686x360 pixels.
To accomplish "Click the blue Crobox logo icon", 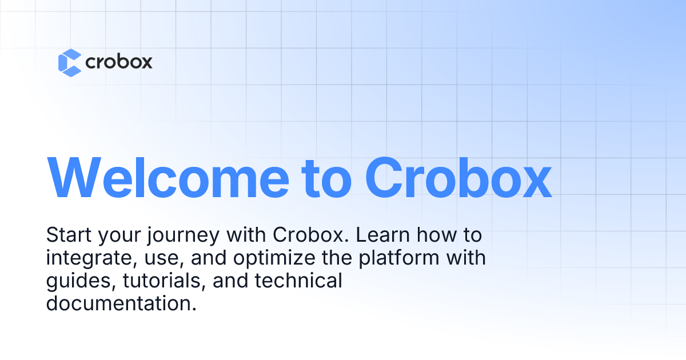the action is point(70,63).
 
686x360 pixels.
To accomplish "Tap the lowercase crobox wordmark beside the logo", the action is point(119,62).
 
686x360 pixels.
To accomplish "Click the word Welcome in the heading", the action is point(168,178).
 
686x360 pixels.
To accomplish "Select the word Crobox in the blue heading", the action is point(458,178).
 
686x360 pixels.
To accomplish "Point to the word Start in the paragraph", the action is point(69,235).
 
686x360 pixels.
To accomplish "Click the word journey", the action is point(184,236).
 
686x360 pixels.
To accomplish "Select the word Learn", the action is point(383,235).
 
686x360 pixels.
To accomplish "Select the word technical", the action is point(298,281).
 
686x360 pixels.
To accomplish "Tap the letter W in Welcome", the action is point(74,178).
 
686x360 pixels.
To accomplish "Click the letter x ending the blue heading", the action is point(536,183).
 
